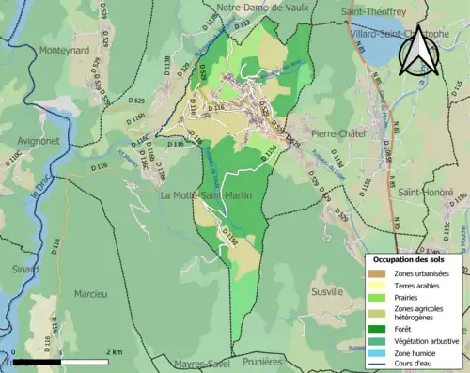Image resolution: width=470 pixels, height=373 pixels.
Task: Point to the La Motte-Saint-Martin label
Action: click(x=205, y=195)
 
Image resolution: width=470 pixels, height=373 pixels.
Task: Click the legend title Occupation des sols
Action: click(x=411, y=258)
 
